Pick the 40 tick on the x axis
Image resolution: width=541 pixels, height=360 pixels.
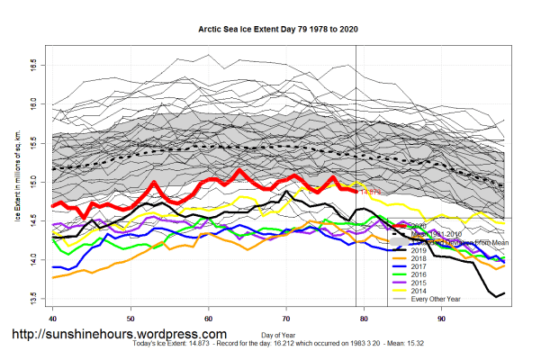tap(53, 318)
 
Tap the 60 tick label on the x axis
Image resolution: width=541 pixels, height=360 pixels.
tap(208, 318)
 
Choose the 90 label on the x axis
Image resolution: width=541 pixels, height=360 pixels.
tap(441, 318)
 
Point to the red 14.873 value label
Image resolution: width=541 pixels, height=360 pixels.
tap(372, 192)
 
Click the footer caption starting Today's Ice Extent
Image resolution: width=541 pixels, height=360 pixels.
tap(270, 346)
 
